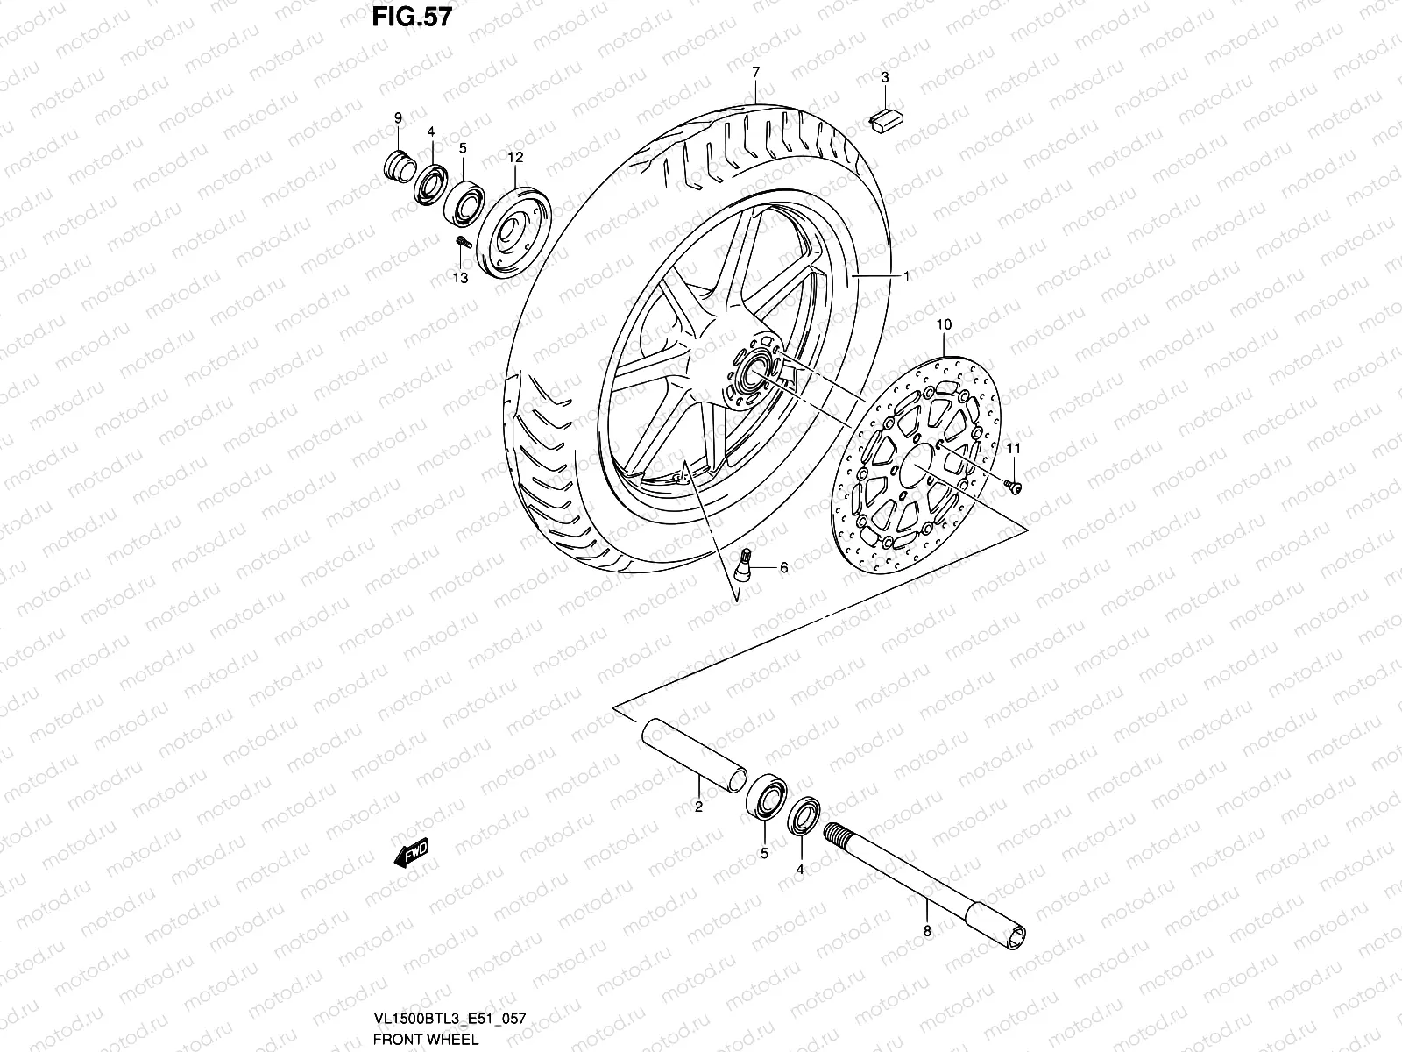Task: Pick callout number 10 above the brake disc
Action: [x=943, y=324]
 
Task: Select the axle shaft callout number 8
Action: [x=926, y=932]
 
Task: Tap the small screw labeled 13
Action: [x=464, y=243]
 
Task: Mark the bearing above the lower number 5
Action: [x=767, y=795]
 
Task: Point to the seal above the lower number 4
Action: [x=804, y=815]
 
